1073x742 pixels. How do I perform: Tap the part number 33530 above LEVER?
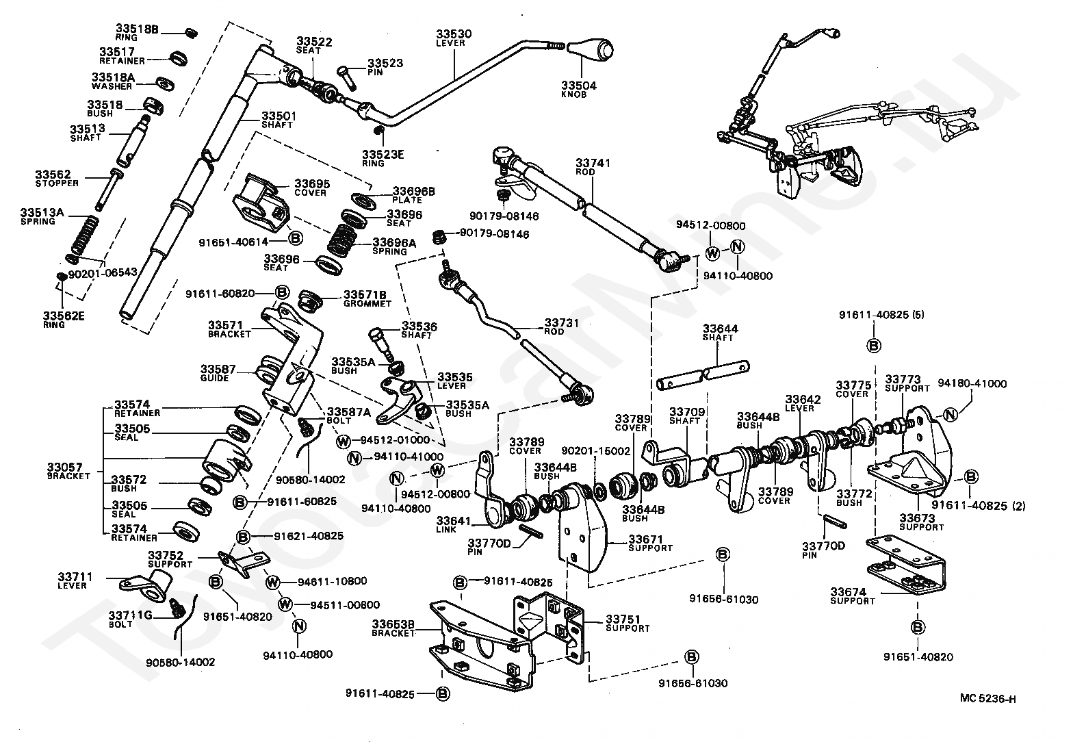coord(454,34)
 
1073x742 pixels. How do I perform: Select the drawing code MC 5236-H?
coord(987,698)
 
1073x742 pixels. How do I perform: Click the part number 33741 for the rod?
coord(593,163)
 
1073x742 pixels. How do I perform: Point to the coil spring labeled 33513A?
coord(85,235)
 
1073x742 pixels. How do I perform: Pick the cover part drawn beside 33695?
coord(261,204)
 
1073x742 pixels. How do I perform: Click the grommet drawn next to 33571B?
coord(309,300)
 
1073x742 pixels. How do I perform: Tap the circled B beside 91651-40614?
coord(296,238)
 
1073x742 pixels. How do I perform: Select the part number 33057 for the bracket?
coord(64,467)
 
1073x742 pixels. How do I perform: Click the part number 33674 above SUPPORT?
coord(849,592)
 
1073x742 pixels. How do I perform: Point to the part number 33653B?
coord(393,624)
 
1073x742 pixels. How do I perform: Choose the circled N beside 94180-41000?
coord(951,414)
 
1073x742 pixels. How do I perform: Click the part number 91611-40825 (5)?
coord(881,315)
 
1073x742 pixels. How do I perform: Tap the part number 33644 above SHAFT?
coord(721,329)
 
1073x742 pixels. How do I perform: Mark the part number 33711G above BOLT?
coord(130,615)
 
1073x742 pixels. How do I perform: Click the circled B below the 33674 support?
coord(918,627)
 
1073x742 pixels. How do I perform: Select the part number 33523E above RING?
coord(383,154)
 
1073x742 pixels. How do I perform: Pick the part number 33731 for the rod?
coord(561,323)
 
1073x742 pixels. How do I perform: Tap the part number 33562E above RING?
coord(64,316)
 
